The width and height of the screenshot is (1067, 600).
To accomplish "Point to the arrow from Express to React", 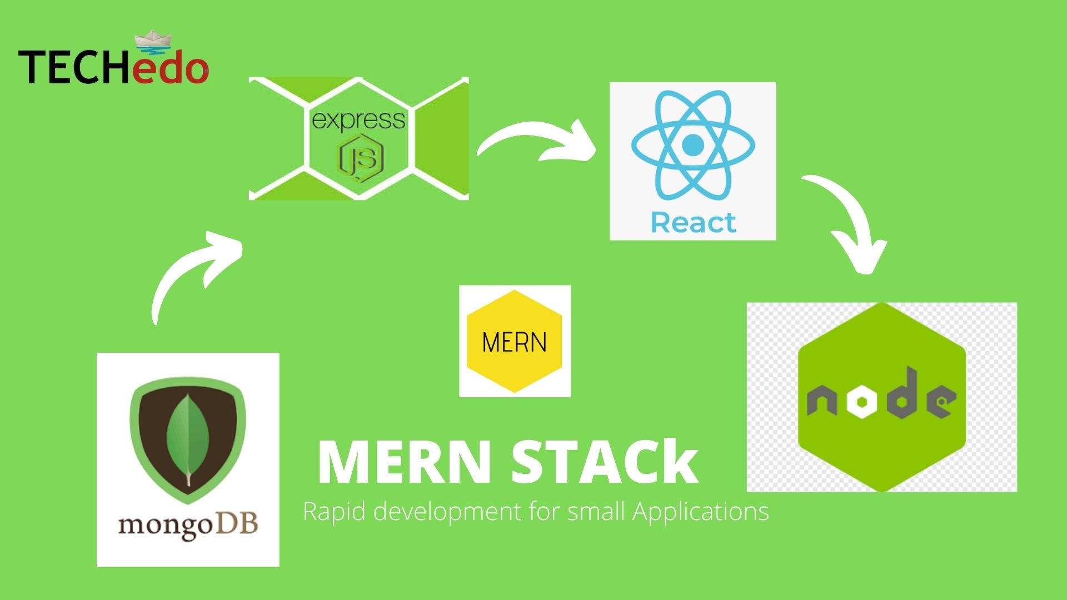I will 536,142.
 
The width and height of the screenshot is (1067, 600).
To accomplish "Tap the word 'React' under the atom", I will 693,223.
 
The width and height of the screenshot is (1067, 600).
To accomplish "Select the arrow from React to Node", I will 847,222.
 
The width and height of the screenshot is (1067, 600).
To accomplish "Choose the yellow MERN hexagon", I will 515,341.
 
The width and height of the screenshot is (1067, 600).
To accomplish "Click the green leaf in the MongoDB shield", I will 188,439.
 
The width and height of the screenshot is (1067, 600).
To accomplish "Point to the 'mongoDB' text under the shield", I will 188,525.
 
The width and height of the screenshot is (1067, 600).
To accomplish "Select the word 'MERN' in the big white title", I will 405,463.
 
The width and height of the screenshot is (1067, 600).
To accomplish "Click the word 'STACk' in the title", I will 605,463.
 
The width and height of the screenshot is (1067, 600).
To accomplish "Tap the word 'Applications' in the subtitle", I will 701,512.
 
